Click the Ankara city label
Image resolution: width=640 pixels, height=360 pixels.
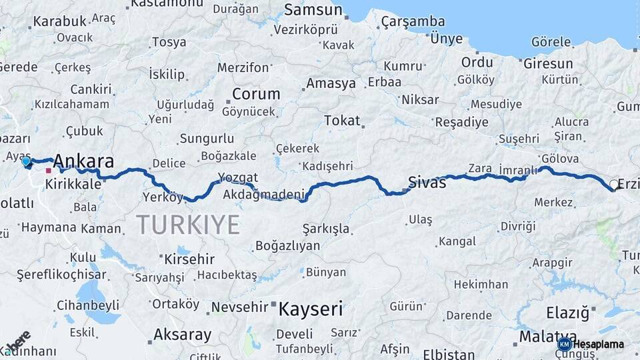(83, 161)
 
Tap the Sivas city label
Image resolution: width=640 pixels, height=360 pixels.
(427, 183)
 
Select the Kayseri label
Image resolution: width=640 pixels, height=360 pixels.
(311, 309)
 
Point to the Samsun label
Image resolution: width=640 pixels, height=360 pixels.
(313, 10)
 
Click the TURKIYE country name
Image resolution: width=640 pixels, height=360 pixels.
(188, 225)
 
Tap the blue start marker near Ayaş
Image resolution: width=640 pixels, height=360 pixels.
(26, 161)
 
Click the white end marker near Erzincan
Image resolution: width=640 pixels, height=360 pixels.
(614, 185)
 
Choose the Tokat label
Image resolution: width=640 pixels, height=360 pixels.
(342, 121)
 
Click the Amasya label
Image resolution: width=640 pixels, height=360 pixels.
(331, 84)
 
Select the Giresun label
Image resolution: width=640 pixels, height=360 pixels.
(548, 64)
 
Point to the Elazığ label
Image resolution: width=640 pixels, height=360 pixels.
(569, 312)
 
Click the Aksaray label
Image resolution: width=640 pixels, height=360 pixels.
(182, 335)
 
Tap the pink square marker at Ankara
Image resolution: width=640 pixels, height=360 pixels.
(49, 171)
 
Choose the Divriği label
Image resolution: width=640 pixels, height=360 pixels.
(518, 227)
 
